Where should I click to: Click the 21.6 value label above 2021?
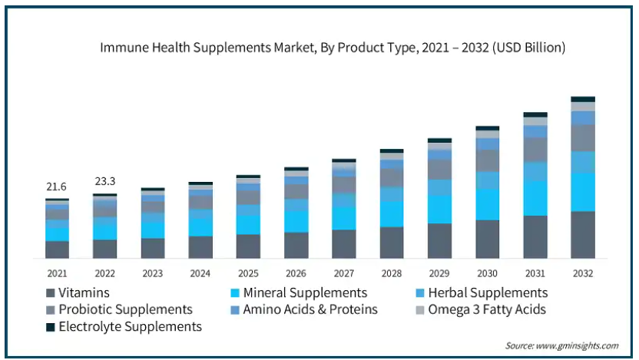pos(57,187)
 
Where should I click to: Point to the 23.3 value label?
pos(104,182)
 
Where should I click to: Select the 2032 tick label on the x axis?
pos(583,273)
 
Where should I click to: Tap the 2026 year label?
pos(296,273)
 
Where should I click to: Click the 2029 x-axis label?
pos(439,273)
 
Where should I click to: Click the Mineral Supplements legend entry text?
pos(305,292)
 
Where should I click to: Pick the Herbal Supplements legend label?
pos(488,292)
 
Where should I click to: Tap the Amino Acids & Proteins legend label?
pos(310,309)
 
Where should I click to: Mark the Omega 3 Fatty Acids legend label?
pos(488,309)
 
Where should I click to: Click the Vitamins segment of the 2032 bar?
pos(583,234)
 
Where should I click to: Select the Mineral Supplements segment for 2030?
pos(487,204)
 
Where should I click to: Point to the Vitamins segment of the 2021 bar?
pos(57,249)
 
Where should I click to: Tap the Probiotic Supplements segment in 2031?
pos(535,150)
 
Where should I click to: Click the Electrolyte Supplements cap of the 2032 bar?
pos(583,99)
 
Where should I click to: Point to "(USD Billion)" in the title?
pos(529,48)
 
